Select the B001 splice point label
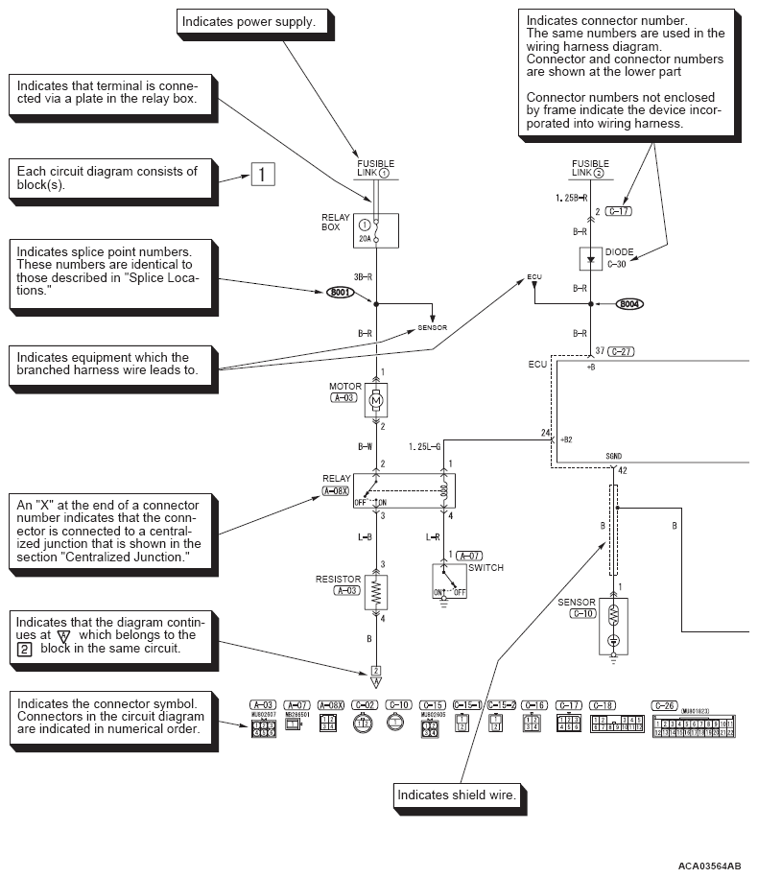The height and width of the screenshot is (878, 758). coord(341,292)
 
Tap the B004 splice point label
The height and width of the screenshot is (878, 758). coord(630,304)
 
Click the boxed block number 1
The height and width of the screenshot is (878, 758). coord(263,174)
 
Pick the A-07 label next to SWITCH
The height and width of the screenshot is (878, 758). coord(469,556)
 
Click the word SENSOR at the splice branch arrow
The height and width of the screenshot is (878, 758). coord(432,327)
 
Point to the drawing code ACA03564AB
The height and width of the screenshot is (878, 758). coord(709,866)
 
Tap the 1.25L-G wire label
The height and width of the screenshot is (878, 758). coord(424,446)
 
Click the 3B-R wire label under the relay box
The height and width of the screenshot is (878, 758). coord(363,276)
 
